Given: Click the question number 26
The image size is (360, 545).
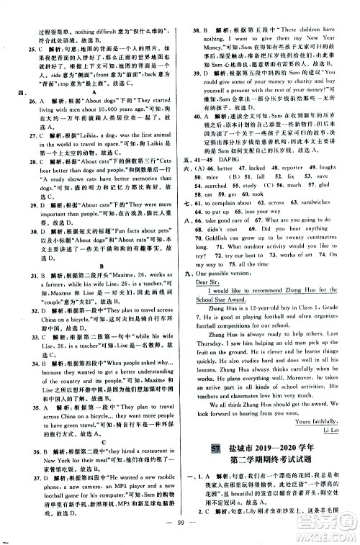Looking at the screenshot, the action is point(23,101).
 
